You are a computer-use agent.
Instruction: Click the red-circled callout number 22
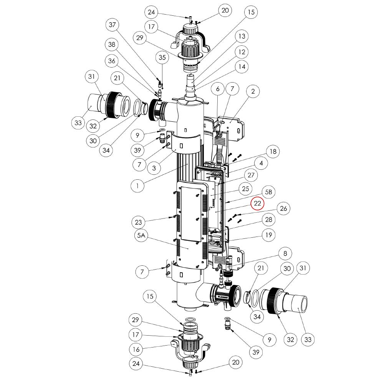point(258,204)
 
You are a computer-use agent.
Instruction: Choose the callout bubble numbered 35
point(162,58)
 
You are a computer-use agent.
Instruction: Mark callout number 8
point(285,253)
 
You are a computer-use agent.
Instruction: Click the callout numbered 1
point(138,186)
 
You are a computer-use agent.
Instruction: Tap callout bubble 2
point(253,92)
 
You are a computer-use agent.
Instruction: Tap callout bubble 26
point(283,209)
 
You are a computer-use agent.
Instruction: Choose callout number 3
point(153,168)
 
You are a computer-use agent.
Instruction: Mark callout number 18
point(273,151)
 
